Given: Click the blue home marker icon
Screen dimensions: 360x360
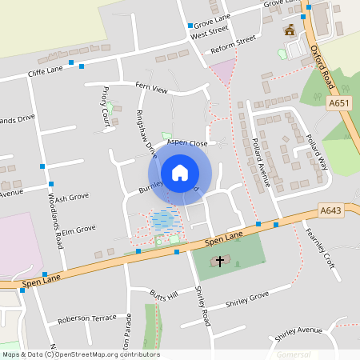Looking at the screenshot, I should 180,173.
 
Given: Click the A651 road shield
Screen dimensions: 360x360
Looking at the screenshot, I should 338,103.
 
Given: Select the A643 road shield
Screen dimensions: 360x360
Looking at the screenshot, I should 330,210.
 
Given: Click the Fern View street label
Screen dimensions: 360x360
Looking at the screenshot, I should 151,88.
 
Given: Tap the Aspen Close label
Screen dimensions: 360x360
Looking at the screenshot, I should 187,143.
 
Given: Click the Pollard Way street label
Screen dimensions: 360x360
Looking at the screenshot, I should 317,150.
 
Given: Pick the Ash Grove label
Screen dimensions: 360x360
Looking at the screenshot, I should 71,197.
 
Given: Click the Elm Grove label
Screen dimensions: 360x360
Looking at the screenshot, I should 79,229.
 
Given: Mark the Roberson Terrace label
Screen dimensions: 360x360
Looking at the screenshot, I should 87,318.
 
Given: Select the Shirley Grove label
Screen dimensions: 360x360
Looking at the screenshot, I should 247,299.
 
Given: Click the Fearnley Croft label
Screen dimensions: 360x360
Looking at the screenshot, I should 318,249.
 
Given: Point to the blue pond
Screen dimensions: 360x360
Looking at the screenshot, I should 162,218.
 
